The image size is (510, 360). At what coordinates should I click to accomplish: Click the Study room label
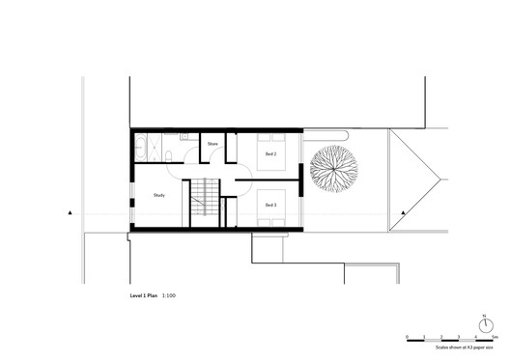(x=159, y=196)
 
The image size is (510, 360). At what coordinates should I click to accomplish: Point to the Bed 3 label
(x=269, y=205)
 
